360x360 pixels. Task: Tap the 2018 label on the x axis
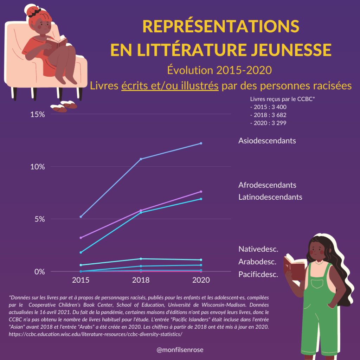[x=141, y=280]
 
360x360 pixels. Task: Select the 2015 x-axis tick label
[x=81, y=280]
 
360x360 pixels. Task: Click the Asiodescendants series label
[x=267, y=141]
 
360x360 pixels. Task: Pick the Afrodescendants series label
[x=267, y=185]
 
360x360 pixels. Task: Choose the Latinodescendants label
[x=270, y=197]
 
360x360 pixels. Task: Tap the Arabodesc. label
[x=257, y=262]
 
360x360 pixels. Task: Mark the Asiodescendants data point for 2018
[x=141, y=159]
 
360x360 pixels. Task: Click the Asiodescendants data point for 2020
[x=201, y=143]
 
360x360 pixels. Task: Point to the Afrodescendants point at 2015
[x=81, y=238]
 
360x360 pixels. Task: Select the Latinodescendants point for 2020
[x=201, y=199]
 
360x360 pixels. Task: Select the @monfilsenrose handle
[x=180, y=350]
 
